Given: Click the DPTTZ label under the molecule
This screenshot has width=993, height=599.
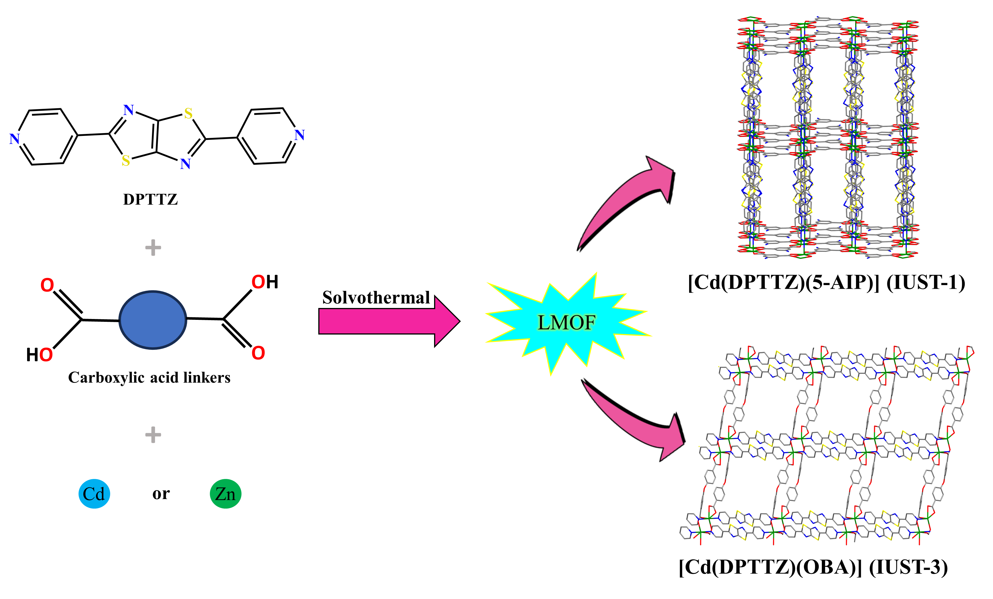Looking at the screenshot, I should pos(150,199).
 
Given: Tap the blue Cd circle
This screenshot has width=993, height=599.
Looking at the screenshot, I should pos(94,494).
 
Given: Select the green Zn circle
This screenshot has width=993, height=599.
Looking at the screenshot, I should pos(225,494).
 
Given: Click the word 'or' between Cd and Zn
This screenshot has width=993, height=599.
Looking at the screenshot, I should pos(161,493).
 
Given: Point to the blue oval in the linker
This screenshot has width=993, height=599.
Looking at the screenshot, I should pos(153,320).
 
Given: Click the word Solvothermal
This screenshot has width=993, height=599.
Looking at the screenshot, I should pos(376,298).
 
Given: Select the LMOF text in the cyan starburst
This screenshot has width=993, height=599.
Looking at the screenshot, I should pos(566,322).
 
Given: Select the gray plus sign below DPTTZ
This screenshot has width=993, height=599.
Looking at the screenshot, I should pos(153,248).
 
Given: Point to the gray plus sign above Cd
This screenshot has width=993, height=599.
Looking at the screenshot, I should pos(153,435).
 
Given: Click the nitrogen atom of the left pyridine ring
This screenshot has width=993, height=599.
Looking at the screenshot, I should pos(14,139).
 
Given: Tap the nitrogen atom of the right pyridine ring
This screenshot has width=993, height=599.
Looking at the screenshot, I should pos(299,135).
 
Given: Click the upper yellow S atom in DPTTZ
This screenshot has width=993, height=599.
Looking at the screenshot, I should pos(188,114).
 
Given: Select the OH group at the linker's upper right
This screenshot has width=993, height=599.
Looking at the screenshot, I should pos(265,282).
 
